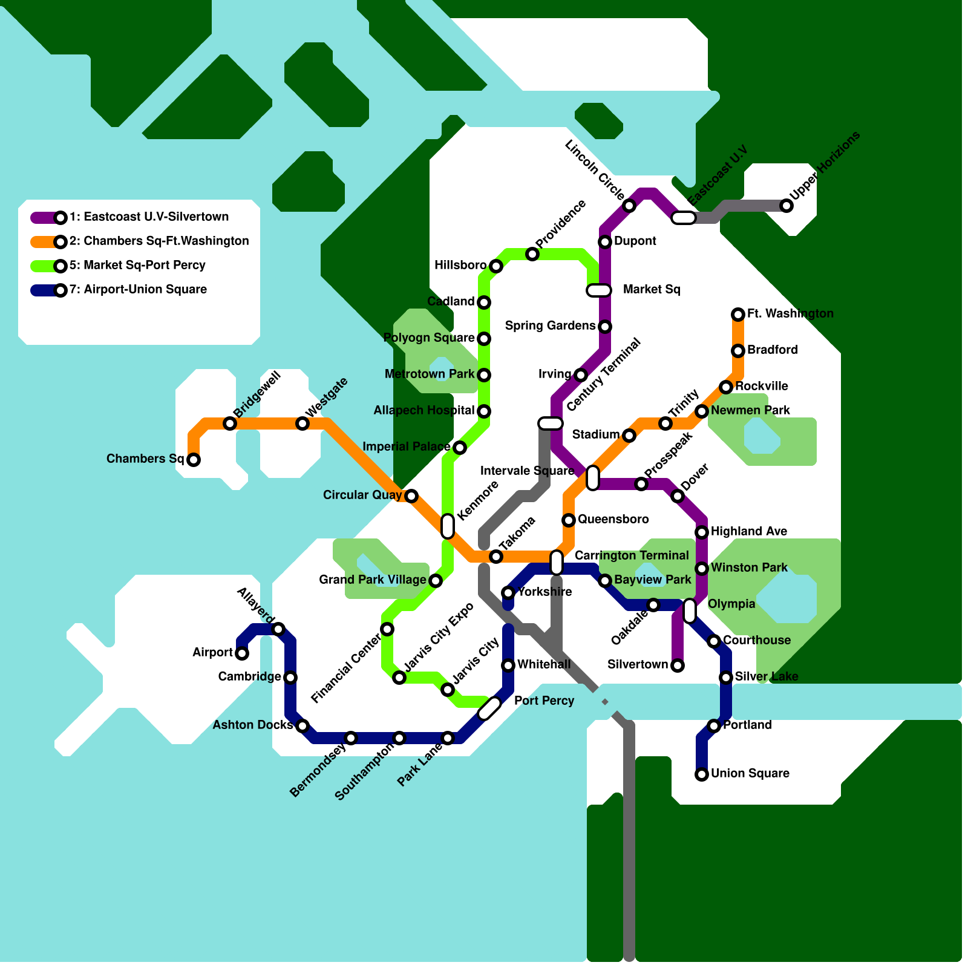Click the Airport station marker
pos(242,653)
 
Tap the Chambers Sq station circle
pos(194,460)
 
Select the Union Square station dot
pos(702,774)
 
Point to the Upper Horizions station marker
pos(786,206)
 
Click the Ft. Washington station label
pos(790,313)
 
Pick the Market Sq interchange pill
pos(599,290)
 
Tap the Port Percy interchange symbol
pos(489,708)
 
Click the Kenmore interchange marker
pos(448,526)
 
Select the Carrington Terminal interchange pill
pos(557,563)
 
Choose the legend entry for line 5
pos(137,265)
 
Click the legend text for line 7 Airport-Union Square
pos(138,289)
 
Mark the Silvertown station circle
pos(678,665)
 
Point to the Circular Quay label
pos(362,495)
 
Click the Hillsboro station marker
pos(496,266)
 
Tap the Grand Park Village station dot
pos(436,581)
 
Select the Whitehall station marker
pos(508,665)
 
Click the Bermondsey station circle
pos(351,738)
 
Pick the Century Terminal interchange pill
pos(551,423)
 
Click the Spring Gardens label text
pos(550,325)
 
